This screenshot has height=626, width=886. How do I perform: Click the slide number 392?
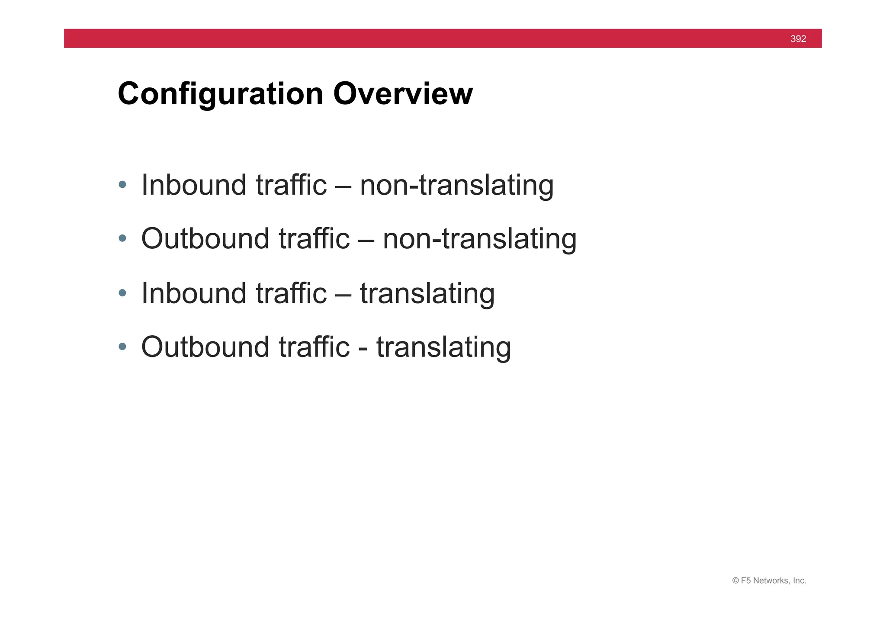[x=798, y=39]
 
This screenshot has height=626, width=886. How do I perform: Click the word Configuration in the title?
[x=220, y=94]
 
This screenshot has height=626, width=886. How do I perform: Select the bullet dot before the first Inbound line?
[x=122, y=185]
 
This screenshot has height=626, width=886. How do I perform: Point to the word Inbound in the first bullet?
[x=193, y=185]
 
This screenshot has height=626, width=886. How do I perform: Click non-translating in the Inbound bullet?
[x=456, y=185]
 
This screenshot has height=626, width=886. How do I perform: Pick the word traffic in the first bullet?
[x=291, y=185]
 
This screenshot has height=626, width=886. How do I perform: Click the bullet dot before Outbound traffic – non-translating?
[x=122, y=238]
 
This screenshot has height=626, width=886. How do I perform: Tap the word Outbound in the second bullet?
[x=205, y=239]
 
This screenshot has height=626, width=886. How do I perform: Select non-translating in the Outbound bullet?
[x=479, y=239]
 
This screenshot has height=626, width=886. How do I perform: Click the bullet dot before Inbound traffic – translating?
[x=122, y=293]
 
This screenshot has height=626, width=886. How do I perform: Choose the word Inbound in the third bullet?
[x=193, y=293]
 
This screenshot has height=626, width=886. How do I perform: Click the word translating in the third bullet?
[x=427, y=293]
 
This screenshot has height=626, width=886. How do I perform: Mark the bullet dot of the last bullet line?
[x=122, y=347]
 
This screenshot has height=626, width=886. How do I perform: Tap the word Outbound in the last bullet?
[x=205, y=347]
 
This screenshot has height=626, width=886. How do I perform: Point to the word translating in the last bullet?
[x=443, y=347]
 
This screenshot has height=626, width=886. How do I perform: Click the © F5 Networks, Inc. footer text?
[x=769, y=581]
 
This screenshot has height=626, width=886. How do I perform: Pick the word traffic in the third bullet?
[x=291, y=293]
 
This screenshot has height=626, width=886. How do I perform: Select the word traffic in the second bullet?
[x=314, y=239]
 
